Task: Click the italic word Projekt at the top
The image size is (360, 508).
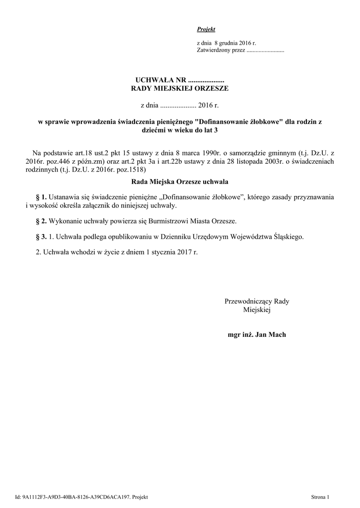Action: click(206, 30)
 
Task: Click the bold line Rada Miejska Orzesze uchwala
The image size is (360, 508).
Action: click(179, 183)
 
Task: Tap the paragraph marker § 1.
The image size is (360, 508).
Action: click(41, 197)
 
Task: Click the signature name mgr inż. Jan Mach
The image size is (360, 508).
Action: click(257, 334)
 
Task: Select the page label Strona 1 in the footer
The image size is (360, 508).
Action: click(320, 496)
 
